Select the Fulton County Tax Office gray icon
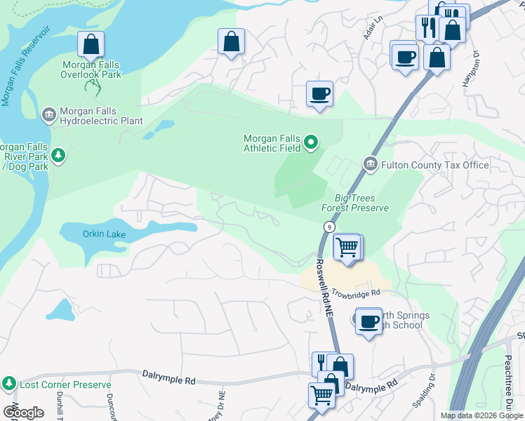pyautogui.click(x=371, y=164)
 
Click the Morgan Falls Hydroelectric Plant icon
pyautogui.click(x=48, y=114)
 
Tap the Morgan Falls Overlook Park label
pyautogui.click(x=91, y=69)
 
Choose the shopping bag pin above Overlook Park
pyautogui.click(x=91, y=45)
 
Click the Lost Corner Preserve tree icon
pyautogui.click(x=10, y=384)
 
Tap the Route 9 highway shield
pyautogui.click(x=328, y=227)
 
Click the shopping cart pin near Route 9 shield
pyautogui.click(x=347, y=248)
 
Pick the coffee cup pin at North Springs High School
pyautogui.click(x=369, y=322)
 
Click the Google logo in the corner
pyautogui.click(x=23, y=412)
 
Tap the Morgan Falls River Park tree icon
pyautogui.click(x=58, y=154)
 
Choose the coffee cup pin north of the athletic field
pyautogui.click(x=319, y=94)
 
